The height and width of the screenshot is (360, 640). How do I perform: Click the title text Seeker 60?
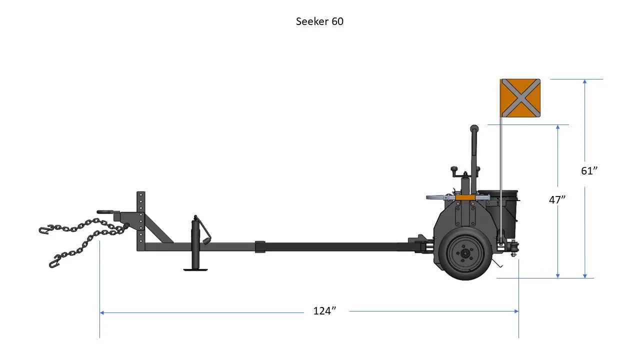point(319,21)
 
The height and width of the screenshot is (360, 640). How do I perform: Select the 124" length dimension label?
point(324,311)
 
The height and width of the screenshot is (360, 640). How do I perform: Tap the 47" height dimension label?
point(557,199)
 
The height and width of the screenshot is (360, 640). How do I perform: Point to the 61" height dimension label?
point(589,170)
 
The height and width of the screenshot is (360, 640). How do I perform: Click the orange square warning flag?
point(520,98)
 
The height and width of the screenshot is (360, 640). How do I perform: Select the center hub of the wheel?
point(464,254)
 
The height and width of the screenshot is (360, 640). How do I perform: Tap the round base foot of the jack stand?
point(196,269)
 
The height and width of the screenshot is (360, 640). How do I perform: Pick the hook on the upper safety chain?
point(45,230)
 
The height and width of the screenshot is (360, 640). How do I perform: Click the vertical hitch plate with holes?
point(141,220)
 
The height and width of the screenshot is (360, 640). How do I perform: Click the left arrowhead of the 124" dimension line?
point(102,312)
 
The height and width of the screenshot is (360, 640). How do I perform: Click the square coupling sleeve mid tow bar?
point(260,246)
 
